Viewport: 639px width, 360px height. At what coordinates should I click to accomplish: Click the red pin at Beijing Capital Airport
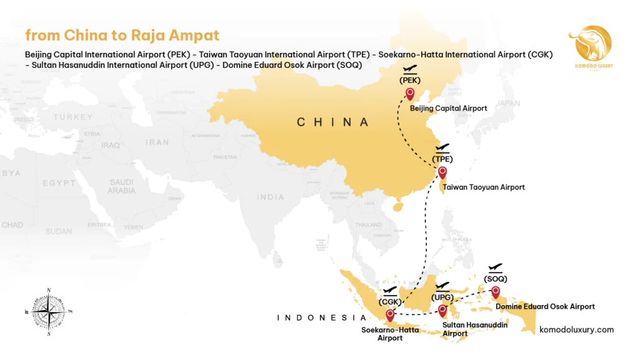coord(410,94)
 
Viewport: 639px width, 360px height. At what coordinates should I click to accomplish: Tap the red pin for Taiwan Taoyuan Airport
coord(442,172)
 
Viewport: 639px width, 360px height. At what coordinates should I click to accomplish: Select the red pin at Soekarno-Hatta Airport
coord(391,315)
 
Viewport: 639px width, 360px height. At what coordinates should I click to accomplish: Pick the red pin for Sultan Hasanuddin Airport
coord(442,309)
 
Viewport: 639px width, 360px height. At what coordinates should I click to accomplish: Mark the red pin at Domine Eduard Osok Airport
coord(495,291)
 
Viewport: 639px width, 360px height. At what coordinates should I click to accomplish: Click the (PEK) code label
coord(410,80)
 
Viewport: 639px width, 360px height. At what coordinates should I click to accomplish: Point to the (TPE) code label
coord(442,159)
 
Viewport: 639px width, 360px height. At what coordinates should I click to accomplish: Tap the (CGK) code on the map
coord(391,302)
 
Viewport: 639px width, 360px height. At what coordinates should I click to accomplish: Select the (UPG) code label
coord(442,297)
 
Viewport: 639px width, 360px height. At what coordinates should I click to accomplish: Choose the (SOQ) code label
coord(496,278)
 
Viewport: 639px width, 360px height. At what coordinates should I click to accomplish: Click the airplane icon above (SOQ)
coord(496,267)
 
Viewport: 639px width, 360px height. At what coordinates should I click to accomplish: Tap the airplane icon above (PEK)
coord(410,69)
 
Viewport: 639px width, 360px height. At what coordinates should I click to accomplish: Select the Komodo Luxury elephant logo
coord(590,46)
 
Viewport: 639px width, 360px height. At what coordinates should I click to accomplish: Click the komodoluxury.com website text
coord(576,329)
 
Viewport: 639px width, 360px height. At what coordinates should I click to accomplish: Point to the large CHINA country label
coord(333,122)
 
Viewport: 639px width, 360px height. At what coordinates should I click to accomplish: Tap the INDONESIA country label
coord(321,318)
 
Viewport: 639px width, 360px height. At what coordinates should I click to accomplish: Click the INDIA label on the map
coord(270,197)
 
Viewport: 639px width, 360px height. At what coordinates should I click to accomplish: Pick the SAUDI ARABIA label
coord(121,186)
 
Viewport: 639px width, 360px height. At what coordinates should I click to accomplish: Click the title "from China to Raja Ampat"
coord(122,35)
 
